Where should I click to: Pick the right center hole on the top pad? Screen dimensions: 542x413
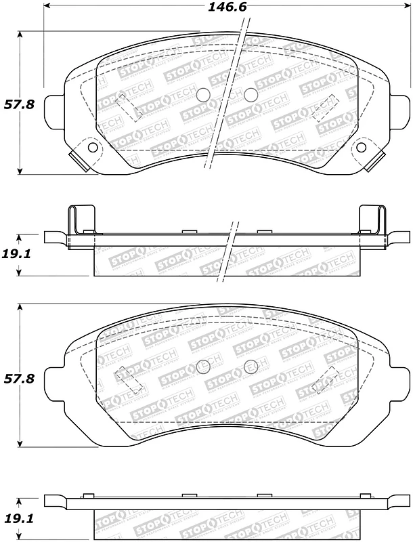coord(251,95)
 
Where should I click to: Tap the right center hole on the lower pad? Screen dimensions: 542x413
coord(249,367)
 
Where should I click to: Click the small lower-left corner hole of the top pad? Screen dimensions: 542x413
coord(93,147)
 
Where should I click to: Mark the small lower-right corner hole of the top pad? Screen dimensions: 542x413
coord(360,147)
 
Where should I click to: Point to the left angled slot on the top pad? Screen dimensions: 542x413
coord(128,106)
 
